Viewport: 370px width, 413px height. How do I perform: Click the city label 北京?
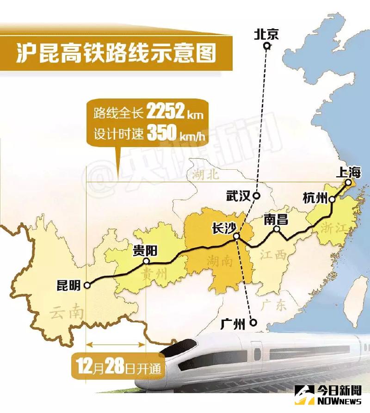tap(266, 34)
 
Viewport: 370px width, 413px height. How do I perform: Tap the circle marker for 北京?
tap(267, 46)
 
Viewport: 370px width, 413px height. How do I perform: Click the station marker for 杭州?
tap(332, 199)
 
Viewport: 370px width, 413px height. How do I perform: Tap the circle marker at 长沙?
tap(236, 236)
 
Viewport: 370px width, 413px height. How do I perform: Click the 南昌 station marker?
tap(277, 229)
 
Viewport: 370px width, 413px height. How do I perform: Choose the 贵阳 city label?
tap(145, 251)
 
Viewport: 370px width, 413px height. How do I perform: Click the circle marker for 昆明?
tap(87, 286)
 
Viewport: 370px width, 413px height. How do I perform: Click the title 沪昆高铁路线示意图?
tap(116, 52)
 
